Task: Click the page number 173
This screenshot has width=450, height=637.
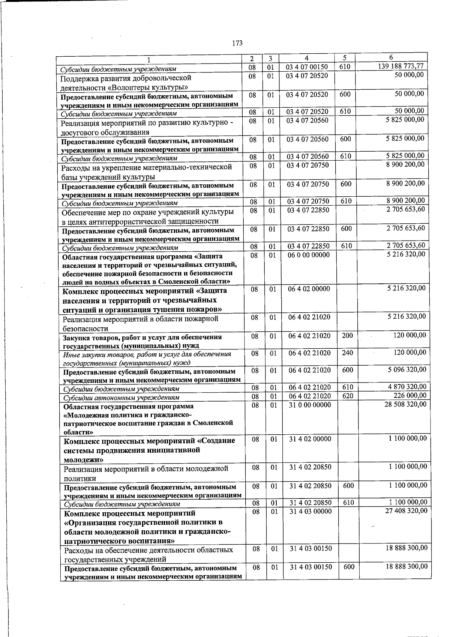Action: tap(237, 43)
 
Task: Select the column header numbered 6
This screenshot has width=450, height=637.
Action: tap(391, 57)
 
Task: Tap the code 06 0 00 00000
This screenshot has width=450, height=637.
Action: tap(309, 255)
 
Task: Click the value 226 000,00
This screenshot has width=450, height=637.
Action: tap(409, 395)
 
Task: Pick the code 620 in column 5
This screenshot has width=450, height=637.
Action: tap(348, 396)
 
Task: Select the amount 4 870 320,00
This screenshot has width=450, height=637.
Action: tap(407, 387)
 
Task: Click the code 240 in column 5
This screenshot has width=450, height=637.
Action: tap(347, 352)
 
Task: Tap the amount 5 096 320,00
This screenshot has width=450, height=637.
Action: tap(407, 370)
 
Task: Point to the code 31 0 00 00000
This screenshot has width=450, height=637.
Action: tap(310, 405)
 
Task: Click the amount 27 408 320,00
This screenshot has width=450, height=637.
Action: tap(406, 511)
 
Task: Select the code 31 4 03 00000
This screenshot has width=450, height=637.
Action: tap(310, 512)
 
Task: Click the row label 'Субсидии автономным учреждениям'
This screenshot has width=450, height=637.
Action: tap(121, 397)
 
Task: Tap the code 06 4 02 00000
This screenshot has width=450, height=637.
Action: tap(309, 289)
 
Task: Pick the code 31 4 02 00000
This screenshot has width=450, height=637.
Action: tap(310, 439)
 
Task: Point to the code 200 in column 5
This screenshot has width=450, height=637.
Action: tap(347, 336)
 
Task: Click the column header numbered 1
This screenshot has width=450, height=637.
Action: tap(149, 59)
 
